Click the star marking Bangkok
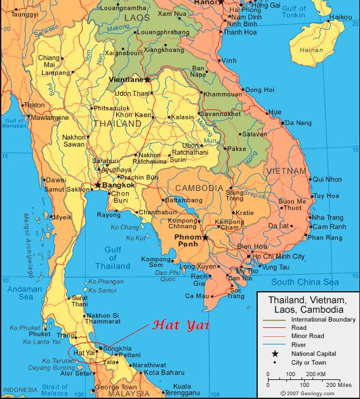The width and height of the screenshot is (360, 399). (x=98, y=185)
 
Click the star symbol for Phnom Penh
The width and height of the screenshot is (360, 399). (x=205, y=238)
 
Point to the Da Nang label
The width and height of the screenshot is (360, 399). (x=298, y=122)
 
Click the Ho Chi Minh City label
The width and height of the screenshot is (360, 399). (x=279, y=256)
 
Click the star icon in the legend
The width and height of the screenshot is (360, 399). (x=275, y=353)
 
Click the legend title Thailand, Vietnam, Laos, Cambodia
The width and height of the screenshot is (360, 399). (x=307, y=304)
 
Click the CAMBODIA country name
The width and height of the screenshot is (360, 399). (x=199, y=188)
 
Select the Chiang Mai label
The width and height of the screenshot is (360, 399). (x=49, y=62)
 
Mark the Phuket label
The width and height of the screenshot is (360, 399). (x=39, y=334)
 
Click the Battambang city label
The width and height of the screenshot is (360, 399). (x=185, y=199)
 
